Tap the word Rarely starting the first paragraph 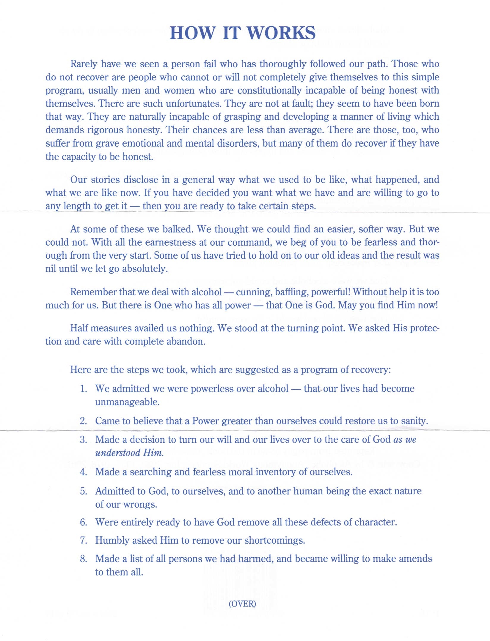(84, 64)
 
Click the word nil (51, 269)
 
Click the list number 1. (84, 389)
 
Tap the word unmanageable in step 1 (127, 402)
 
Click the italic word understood (118, 453)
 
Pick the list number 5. (84, 491)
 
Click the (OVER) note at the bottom (242, 604)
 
